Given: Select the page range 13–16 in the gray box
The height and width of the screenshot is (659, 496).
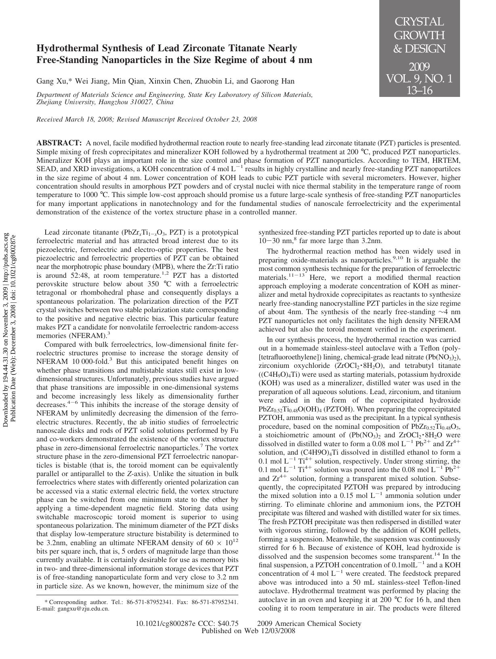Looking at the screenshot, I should click(x=419, y=90).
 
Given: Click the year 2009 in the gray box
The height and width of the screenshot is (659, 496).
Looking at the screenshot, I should click(x=419, y=66).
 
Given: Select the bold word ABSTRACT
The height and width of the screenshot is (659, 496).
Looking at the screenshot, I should click(x=59, y=143).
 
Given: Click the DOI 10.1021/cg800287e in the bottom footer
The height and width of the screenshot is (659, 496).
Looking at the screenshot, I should click(x=165, y=623).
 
